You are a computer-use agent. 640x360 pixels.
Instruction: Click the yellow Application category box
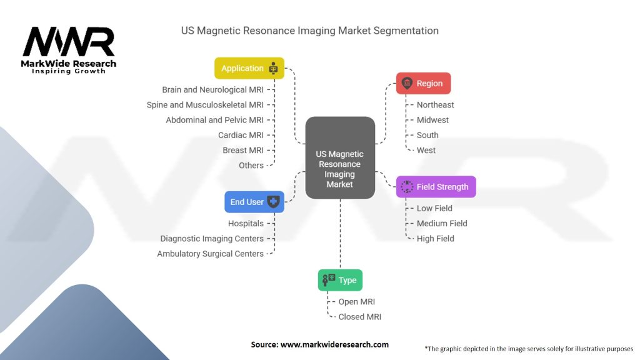click(x=249, y=68)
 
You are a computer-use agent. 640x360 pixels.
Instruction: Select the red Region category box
click(x=423, y=83)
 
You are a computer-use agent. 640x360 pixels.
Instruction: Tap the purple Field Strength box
click(x=436, y=187)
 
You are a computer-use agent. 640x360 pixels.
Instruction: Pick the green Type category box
click(x=340, y=280)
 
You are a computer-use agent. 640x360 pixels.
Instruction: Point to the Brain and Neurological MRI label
click(x=212, y=90)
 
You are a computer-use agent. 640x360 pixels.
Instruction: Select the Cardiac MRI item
click(x=241, y=135)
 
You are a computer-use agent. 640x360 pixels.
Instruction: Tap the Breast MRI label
click(x=243, y=150)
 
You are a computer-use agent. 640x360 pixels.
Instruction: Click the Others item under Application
click(x=251, y=166)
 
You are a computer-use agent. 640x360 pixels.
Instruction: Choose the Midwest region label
click(x=432, y=120)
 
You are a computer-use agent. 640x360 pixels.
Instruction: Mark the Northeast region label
click(x=435, y=105)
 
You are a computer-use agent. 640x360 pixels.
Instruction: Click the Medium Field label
click(x=442, y=223)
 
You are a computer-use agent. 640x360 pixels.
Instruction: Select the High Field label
click(x=435, y=239)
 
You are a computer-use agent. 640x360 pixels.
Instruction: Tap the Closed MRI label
click(x=359, y=317)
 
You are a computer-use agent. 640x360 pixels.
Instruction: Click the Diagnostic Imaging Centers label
click(x=212, y=239)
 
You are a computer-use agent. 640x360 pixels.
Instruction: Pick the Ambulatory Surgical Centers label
click(x=210, y=254)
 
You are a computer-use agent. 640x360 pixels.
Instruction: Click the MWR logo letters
click(x=69, y=42)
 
